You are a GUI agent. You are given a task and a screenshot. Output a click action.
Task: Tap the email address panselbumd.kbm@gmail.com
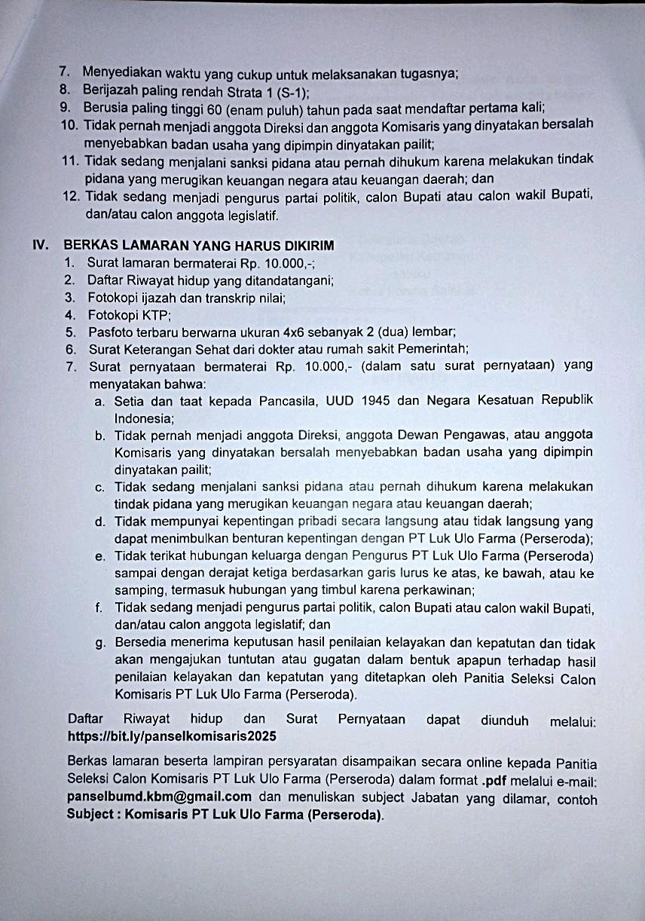coord(159,797)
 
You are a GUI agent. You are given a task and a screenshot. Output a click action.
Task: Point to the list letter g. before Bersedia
coord(100,643)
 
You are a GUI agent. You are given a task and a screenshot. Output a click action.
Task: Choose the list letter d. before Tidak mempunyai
coord(100,522)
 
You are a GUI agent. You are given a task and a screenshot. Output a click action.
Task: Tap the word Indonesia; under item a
coord(145,417)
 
